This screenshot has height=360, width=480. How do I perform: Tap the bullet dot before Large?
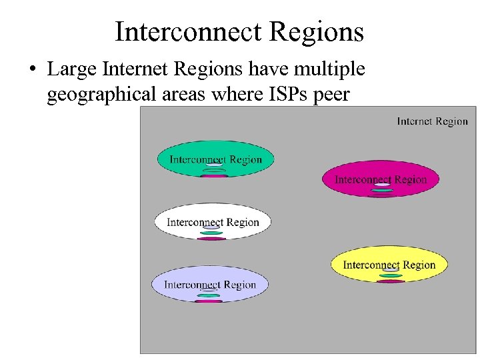(x=33, y=70)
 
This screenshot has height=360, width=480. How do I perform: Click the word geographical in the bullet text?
(x=101, y=95)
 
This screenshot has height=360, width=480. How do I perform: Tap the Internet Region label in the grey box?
(x=432, y=121)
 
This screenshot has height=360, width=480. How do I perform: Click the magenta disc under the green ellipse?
(x=215, y=176)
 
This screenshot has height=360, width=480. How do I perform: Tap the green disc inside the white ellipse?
(x=212, y=233)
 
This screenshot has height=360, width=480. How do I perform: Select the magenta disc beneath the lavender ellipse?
(x=209, y=301)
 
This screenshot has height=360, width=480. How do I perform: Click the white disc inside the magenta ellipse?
(x=381, y=185)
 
